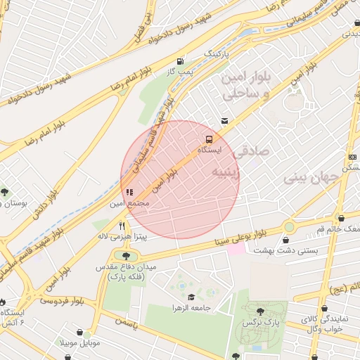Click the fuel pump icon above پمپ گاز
coord(182,61)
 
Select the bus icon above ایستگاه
coord(210,139)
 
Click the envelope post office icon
coord(224,121)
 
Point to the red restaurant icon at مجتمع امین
coord(128,191)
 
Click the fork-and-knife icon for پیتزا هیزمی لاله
coord(122,226)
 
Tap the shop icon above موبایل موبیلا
coord(81,332)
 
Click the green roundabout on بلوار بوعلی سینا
coord(289,226)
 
